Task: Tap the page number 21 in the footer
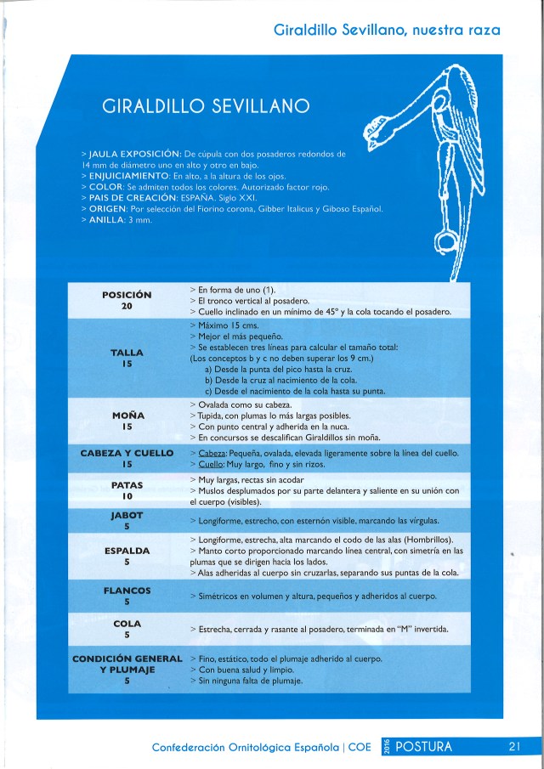pos(513,747)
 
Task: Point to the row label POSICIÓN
pos(127,294)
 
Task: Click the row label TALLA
pos(127,352)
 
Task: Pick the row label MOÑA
pos(127,416)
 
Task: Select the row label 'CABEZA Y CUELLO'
pos(127,453)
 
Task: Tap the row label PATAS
pos(127,484)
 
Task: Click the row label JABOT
pos(127,515)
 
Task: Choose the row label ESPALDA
pos(127,551)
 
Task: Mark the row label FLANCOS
pos(127,590)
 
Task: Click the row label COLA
pos(127,624)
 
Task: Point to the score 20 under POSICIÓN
pos(127,306)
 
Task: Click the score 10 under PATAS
pos(127,495)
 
